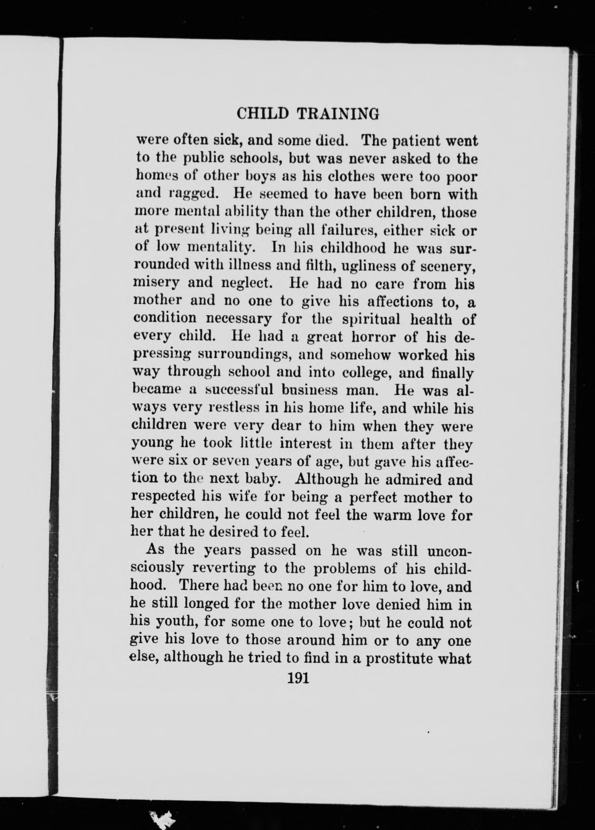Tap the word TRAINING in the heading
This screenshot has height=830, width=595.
coord(337,114)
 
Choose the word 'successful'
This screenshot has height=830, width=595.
coord(239,390)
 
